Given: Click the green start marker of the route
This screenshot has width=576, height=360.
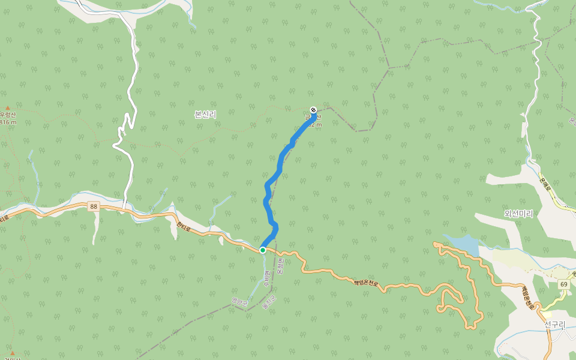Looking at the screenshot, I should [263, 250].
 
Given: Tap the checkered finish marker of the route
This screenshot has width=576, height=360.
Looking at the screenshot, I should [313, 109].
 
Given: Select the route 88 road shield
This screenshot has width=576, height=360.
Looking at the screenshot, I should [93, 206].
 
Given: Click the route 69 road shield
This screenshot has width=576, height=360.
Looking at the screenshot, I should [563, 284].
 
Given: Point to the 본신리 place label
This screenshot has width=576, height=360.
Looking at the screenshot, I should [205, 114].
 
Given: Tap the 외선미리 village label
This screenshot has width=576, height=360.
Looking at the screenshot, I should [518, 213].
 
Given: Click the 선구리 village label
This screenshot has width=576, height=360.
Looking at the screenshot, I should [554, 325].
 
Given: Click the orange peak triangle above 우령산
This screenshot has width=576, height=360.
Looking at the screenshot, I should [7, 107].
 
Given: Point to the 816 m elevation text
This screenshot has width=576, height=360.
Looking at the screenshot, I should [7, 122].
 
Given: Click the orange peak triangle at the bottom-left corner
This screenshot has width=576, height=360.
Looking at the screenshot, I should [12, 353].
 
